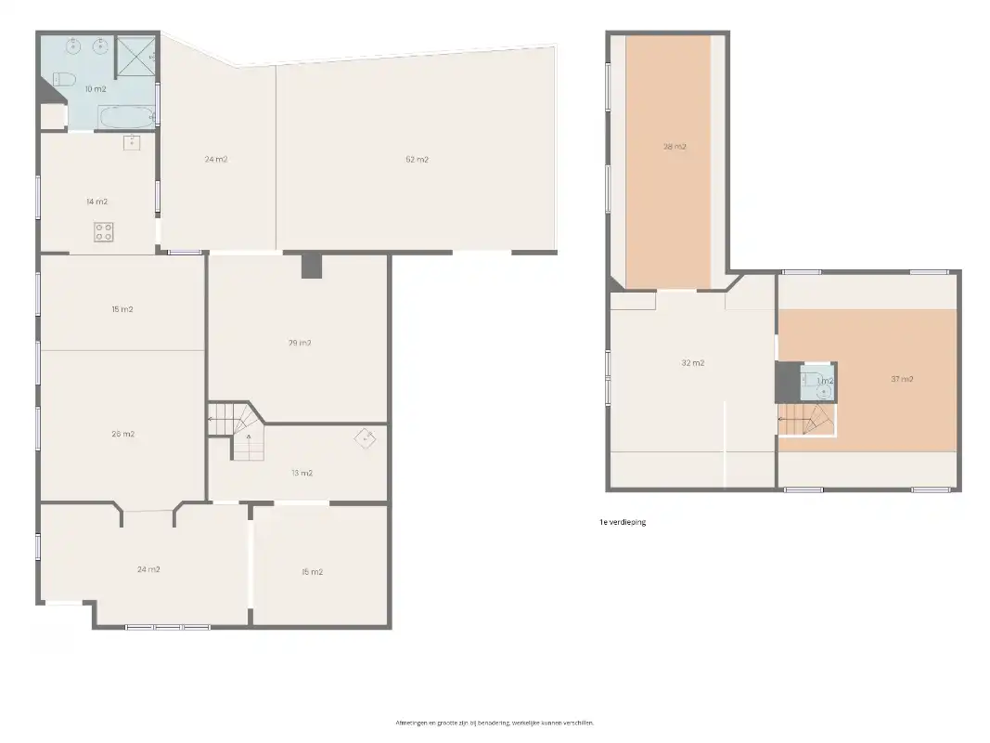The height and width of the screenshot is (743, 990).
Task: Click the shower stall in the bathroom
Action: (135, 56)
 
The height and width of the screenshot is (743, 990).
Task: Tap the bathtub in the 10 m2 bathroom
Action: (127, 117)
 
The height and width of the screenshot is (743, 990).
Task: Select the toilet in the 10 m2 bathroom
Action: (63, 80)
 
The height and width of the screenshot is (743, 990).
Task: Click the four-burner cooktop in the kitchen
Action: (104, 232)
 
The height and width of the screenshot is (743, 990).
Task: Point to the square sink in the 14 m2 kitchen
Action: (132, 142)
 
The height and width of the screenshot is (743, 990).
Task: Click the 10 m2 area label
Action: (96, 89)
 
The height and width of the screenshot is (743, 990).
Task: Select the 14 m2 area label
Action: (96, 202)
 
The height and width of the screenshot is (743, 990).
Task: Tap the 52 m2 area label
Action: (417, 160)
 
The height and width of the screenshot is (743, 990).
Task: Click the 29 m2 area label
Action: (299, 343)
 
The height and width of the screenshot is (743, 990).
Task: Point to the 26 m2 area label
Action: (122, 434)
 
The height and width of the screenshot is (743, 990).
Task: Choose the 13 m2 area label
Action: (302, 473)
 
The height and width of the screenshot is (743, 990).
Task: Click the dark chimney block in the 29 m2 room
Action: (311, 266)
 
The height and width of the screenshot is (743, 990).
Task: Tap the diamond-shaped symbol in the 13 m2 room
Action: (367, 437)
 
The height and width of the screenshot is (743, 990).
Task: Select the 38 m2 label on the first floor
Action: (674, 147)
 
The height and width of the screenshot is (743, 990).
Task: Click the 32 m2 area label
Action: (692, 363)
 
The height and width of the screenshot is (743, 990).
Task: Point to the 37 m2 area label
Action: (902, 379)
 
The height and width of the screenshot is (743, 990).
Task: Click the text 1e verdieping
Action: (623, 522)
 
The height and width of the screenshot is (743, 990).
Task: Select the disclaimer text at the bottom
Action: (495, 722)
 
